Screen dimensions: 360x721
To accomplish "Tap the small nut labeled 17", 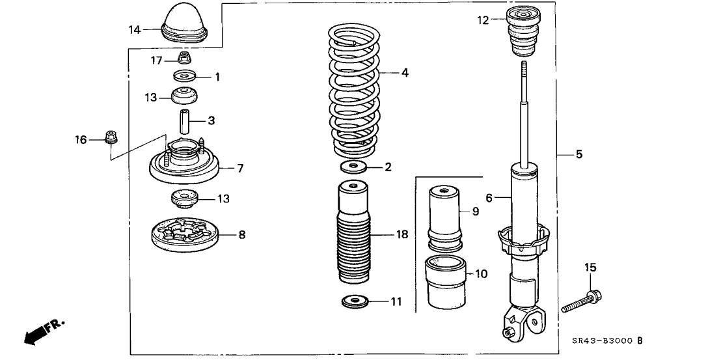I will coord(184,59).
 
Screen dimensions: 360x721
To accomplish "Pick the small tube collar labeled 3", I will coord(185,121).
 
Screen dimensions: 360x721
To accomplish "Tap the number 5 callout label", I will coord(579,155).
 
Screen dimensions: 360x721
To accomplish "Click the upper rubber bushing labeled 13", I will coord(185,96).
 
